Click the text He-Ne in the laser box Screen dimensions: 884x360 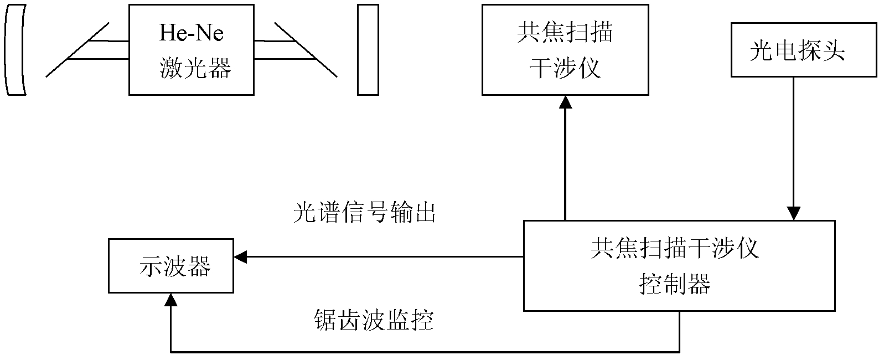pyautogui.click(x=192, y=33)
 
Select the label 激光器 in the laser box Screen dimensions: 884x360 pyautogui.click(x=195, y=68)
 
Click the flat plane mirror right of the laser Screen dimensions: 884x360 pyautogui.click(x=368, y=50)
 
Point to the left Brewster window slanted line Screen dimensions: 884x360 pyautogui.click(x=77, y=50)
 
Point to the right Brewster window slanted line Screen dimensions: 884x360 pyautogui.click(x=306, y=50)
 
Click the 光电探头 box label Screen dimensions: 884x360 pyautogui.click(x=797, y=51)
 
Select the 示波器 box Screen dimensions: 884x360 pyautogui.click(x=171, y=266)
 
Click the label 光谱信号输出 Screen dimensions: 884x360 pyautogui.click(x=364, y=212)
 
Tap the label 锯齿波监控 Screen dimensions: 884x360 pyautogui.click(x=374, y=320)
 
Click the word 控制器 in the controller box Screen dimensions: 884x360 pyautogui.click(x=675, y=284)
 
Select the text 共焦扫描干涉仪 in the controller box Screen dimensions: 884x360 pyautogui.click(x=674, y=248)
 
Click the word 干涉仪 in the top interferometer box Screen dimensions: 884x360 pyautogui.click(x=565, y=68)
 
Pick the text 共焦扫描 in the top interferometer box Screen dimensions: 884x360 pyautogui.click(x=565, y=33)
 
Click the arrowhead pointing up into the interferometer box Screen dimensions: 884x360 pyautogui.click(x=566, y=102)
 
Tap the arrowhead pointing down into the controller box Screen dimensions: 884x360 pyautogui.click(x=794, y=214)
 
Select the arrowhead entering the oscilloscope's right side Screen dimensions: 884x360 pyautogui.click(x=240, y=257)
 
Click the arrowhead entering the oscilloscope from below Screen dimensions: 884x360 pyautogui.click(x=171, y=300)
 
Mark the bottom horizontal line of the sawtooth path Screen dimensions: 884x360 pyautogui.click(x=425, y=352)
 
